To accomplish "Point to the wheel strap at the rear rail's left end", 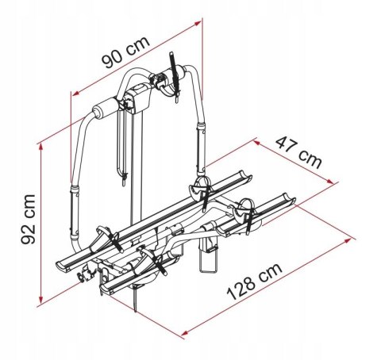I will click(x=101, y=236).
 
